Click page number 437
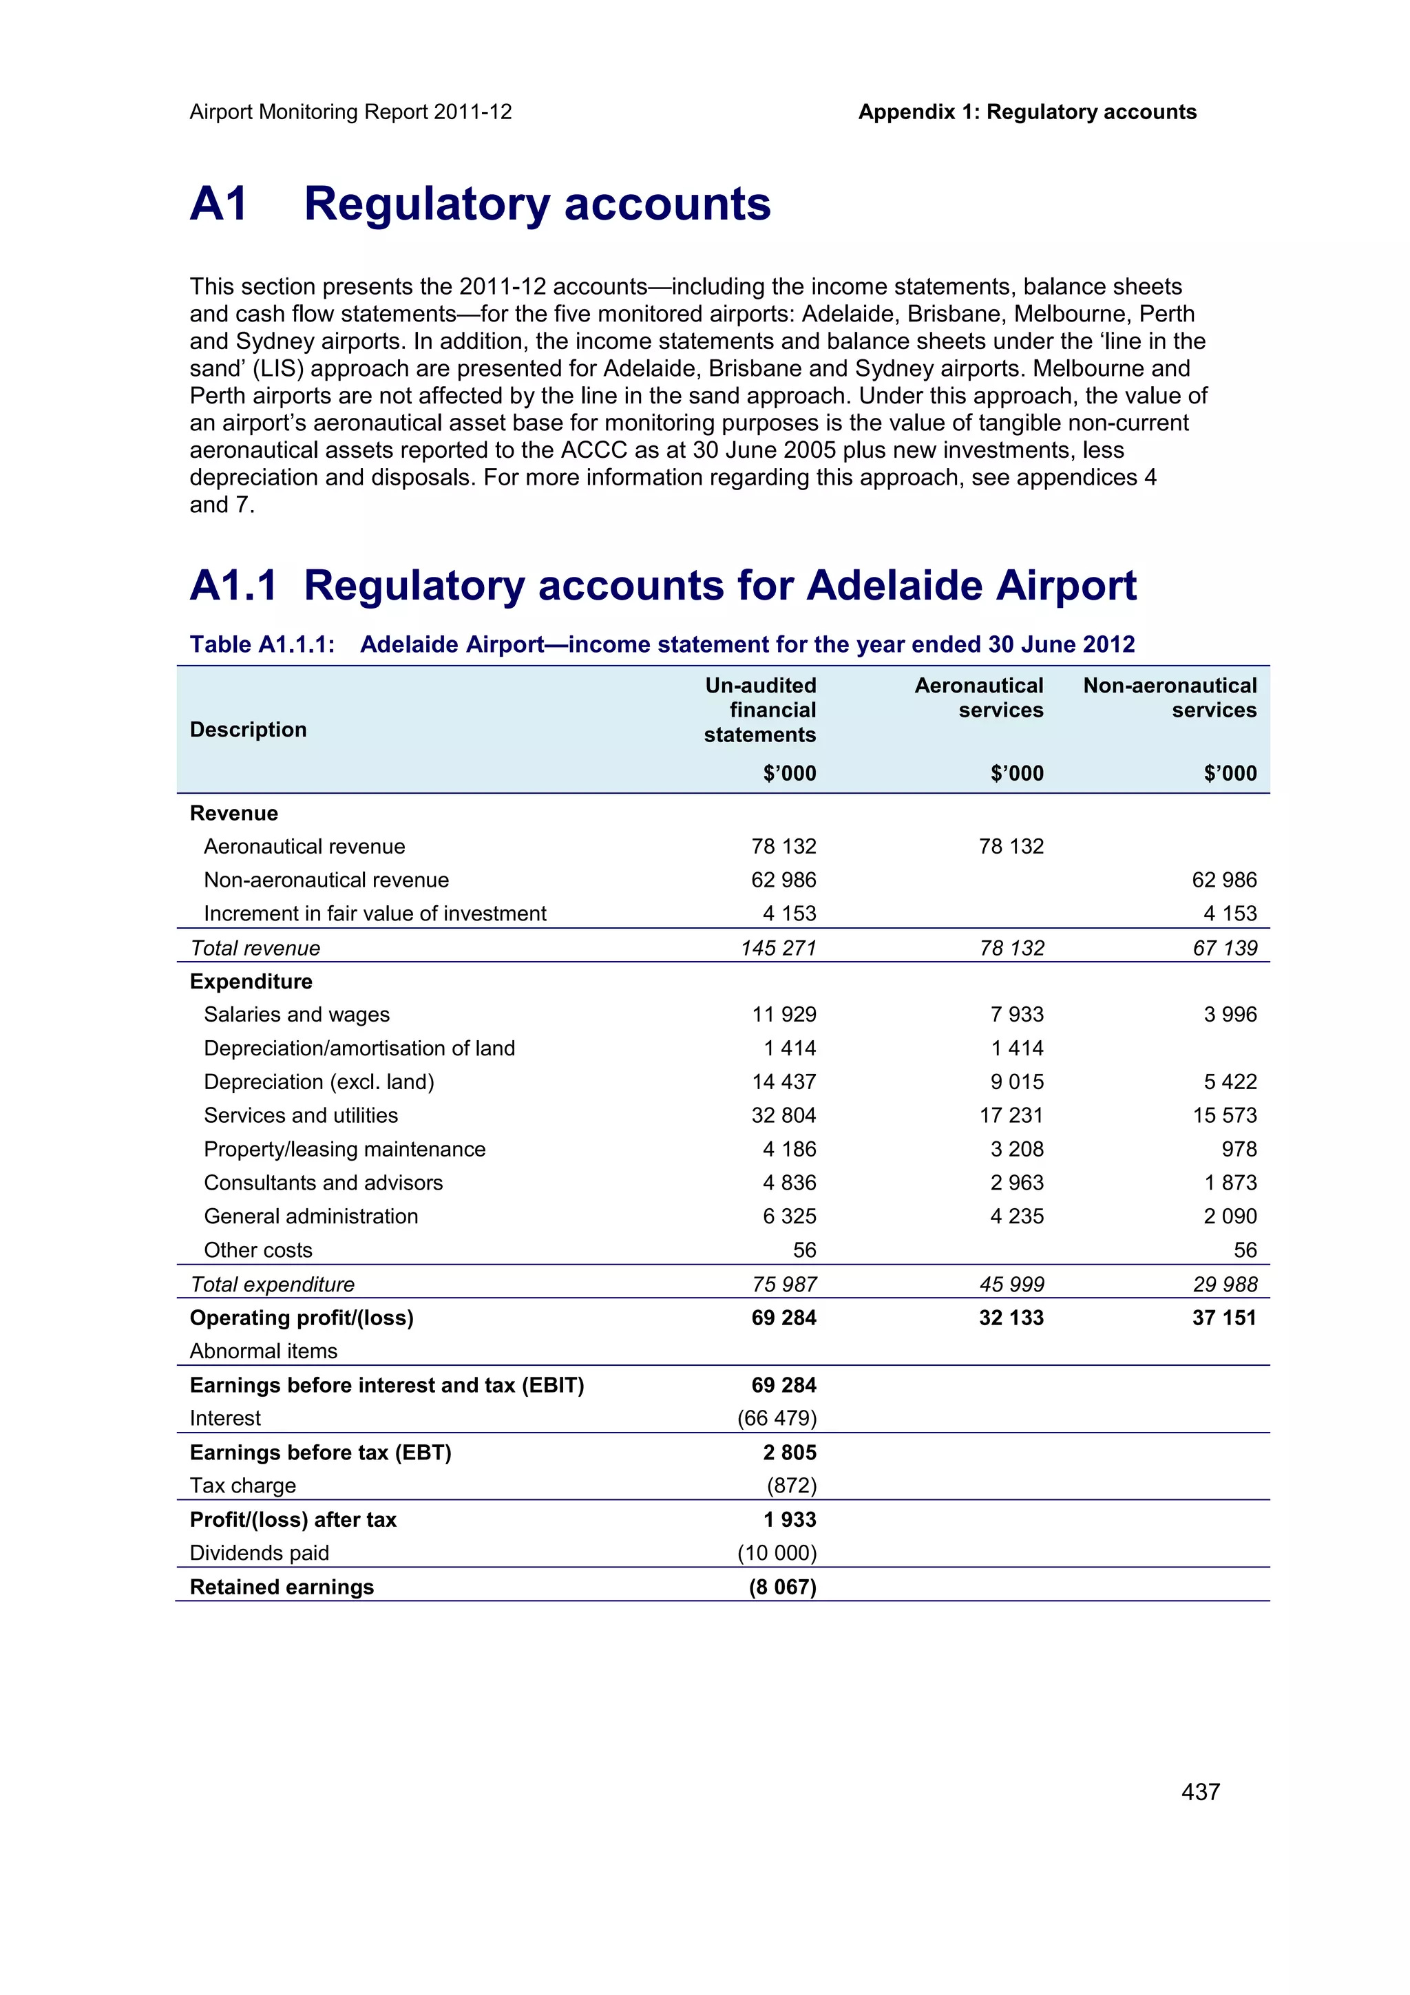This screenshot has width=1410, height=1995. point(1200,1792)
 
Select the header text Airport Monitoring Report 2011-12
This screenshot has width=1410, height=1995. point(350,112)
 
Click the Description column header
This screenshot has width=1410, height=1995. point(248,730)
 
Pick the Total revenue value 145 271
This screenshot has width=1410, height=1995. point(779,948)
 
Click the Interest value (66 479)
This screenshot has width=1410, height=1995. point(777,1418)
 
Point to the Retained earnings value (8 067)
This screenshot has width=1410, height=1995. point(782,1587)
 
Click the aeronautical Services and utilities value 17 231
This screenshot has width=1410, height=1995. point(1011,1116)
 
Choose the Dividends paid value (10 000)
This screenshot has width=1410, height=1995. point(777,1553)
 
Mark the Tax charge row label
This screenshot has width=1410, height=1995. point(242,1486)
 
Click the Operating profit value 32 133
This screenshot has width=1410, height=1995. point(1011,1318)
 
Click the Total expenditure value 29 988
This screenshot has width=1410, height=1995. point(1225,1285)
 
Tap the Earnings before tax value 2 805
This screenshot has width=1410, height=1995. point(790,1453)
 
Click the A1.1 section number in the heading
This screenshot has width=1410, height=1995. point(233,586)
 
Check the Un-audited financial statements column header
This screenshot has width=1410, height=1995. point(760,710)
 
